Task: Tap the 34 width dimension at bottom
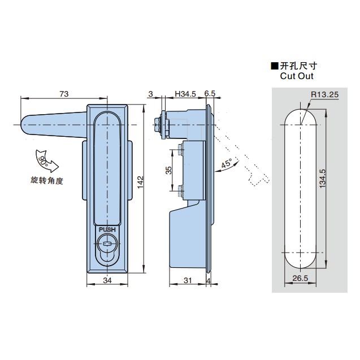[107, 280]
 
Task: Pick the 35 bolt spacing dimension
[168, 171]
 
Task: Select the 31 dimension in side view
[188, 280]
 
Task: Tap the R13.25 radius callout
[323, 96]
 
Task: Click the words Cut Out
[296, 76]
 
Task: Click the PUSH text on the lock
[107, 229]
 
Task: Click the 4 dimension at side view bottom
[209, 280]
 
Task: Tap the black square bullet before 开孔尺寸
[275, 66]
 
